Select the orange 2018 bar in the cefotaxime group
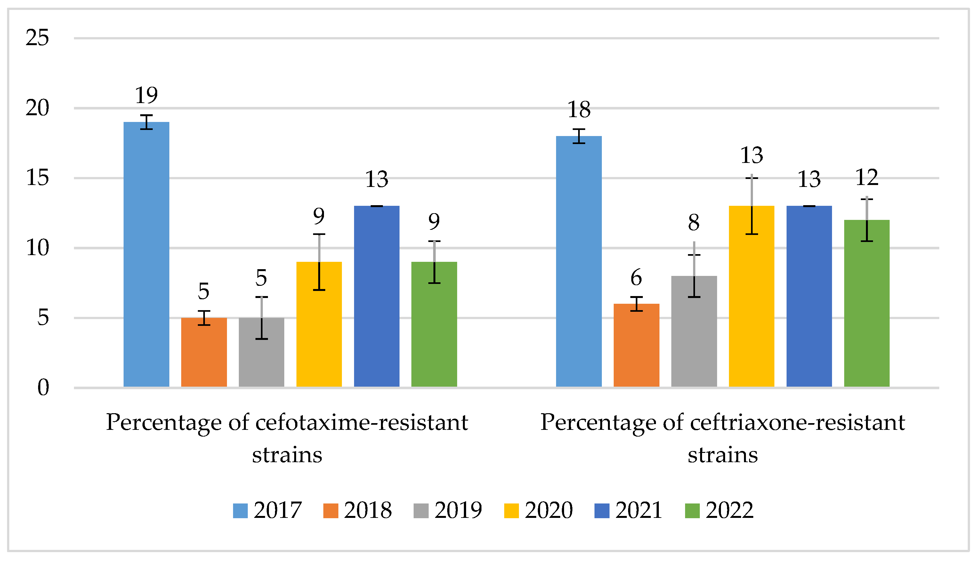[x=204, y=352]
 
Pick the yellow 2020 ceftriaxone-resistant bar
[x=752, y=297]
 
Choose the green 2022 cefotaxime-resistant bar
[x=434, y=325]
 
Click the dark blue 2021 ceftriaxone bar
[x=809, y=297]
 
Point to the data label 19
[x=146, y=95]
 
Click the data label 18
[x=579, y=109]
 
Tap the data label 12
[x=867, y=178]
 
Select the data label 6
[x=636, y=277]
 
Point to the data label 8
[x=694, y=222]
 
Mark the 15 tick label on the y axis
[x=37, y=178]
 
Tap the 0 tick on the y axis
[x=43, y=388]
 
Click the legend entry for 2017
[x=267, y=511]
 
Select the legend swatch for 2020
[x=511, y=511]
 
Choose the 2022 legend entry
[x=719, y=511]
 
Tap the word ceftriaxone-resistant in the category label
[x=797, y=422]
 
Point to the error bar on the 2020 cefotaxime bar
[x=319, y=262]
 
